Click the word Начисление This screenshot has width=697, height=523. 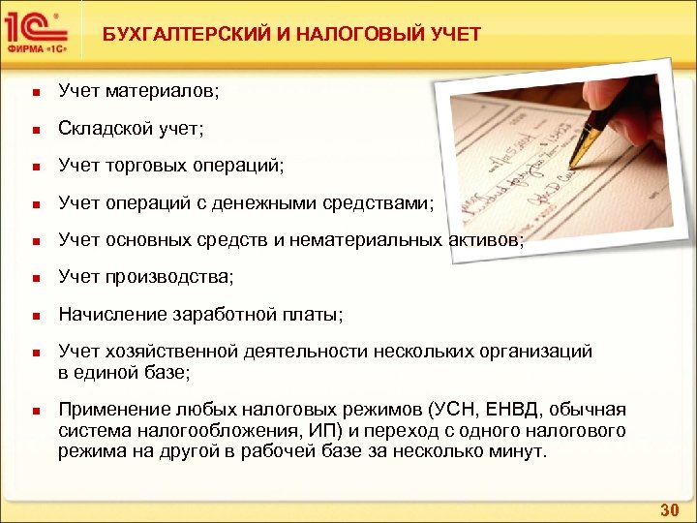[x=107, y=315]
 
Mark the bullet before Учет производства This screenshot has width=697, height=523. [x=34, y=279]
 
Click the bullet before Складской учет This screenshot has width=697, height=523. [x=34, y=130]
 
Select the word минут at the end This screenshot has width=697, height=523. [x=518, y=451]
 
